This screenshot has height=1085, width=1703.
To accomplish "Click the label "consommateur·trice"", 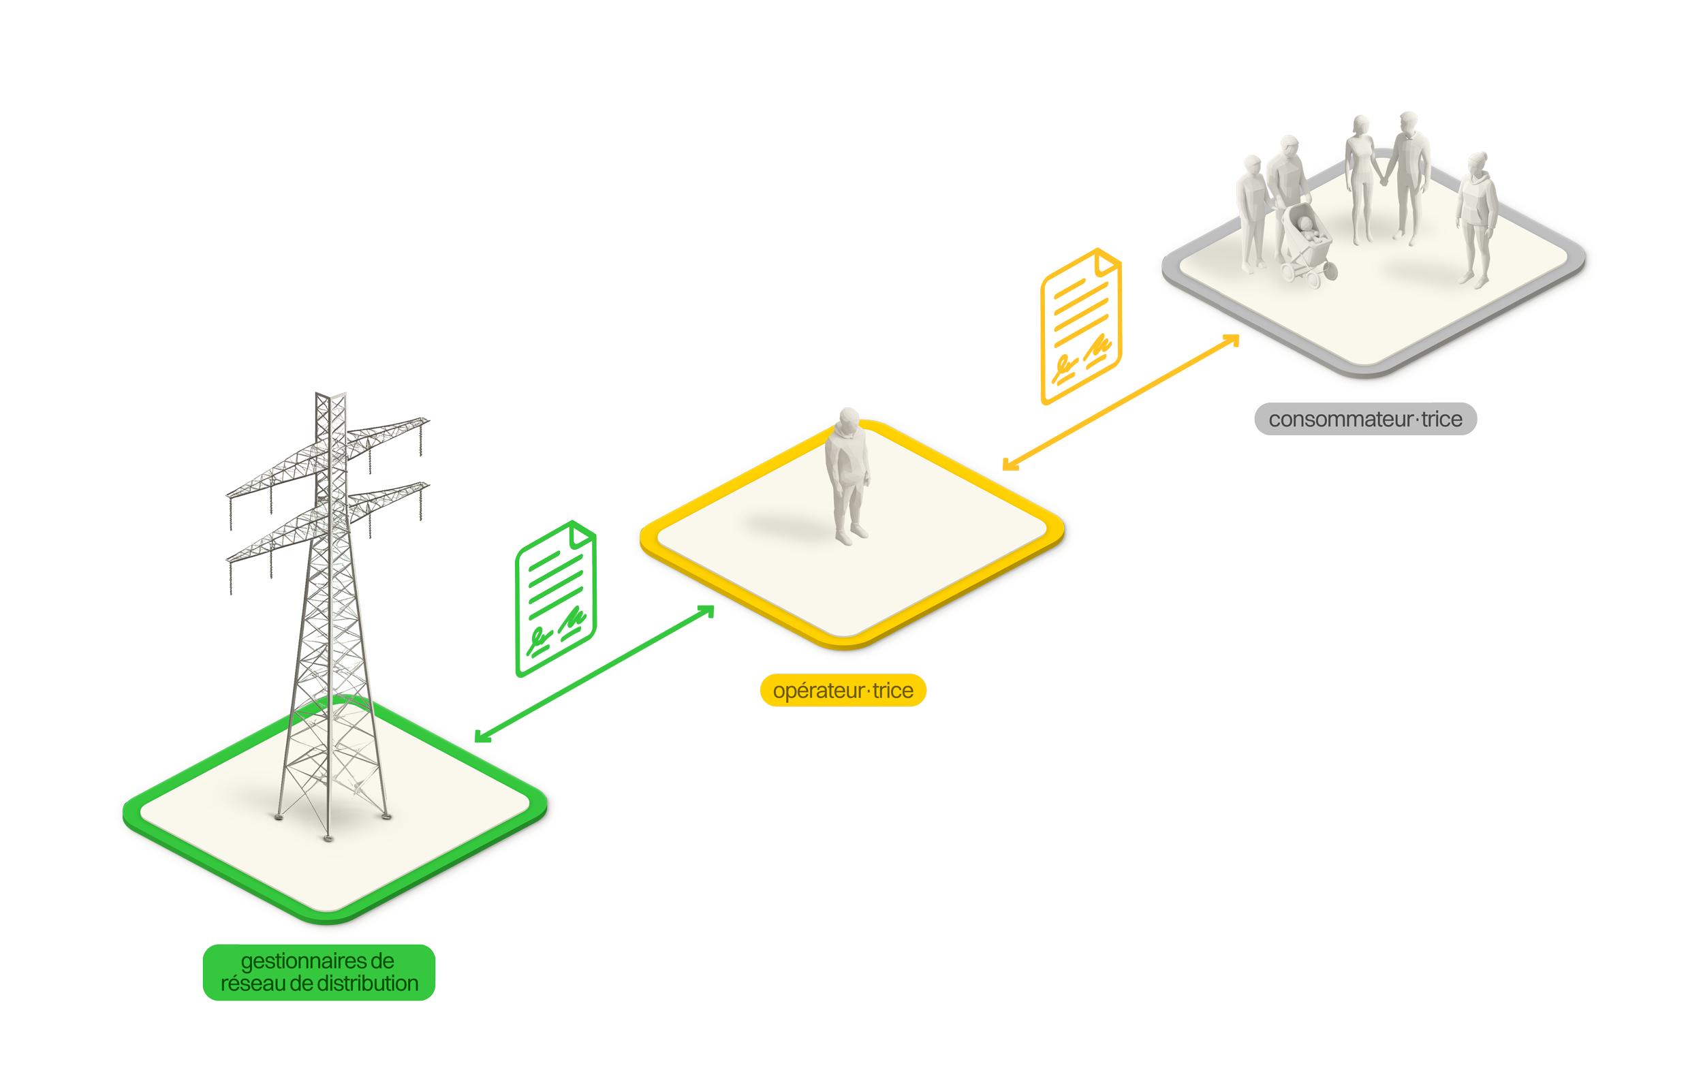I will [1365, 420].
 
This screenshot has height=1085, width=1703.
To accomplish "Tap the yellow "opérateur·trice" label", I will [843, 691].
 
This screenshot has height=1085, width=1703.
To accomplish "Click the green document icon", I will [556, 569].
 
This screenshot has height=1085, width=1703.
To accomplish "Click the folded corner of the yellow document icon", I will [1107, 264].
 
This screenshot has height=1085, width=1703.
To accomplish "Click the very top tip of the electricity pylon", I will [330, 396].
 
